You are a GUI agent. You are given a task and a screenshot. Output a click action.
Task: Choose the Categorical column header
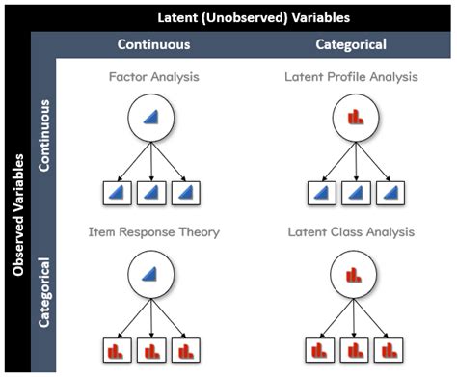352,44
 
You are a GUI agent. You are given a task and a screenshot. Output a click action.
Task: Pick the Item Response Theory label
155,232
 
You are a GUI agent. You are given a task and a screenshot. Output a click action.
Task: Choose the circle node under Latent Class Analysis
352,276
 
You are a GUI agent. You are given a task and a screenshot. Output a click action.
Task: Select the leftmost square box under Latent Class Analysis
318,349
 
